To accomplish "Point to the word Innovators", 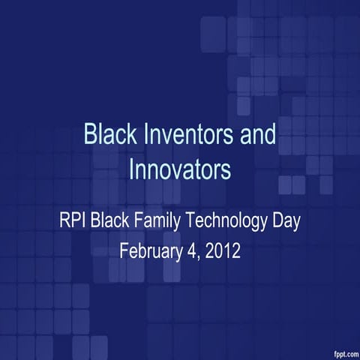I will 179,169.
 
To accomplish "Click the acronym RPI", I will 73,223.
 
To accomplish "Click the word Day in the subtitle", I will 287,223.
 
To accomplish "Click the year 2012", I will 222,250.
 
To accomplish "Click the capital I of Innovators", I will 131,169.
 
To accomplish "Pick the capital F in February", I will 124,250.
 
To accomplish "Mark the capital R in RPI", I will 64,223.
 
